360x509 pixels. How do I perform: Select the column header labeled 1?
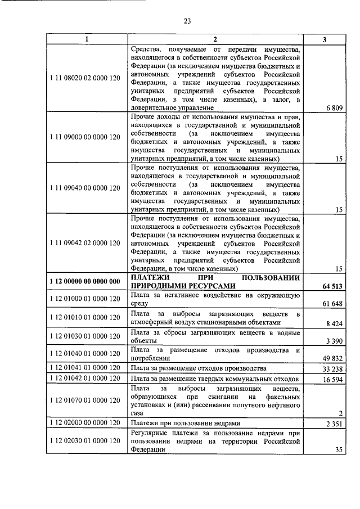(85, 39)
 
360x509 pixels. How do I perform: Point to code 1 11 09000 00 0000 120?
(85, 137)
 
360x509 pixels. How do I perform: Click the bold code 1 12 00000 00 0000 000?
(85, 282)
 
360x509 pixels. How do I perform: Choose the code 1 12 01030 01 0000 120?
(85, 336)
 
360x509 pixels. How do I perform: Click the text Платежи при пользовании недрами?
(186, 423)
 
